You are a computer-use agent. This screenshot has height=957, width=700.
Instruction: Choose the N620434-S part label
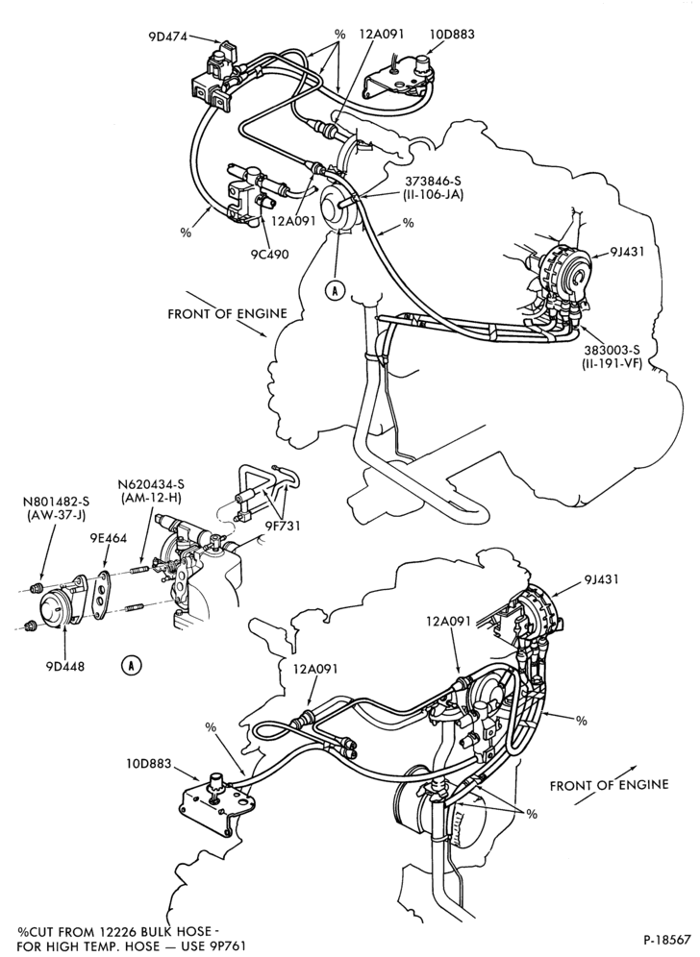(x=151, y=484)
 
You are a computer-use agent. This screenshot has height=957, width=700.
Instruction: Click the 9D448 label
(x=64, y=666)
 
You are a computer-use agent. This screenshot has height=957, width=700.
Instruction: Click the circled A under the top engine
(x=335, y=290)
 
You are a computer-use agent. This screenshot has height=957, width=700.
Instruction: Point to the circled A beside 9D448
(x=131, y=665)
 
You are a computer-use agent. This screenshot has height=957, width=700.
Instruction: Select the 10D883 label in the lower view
(x=149, y=764)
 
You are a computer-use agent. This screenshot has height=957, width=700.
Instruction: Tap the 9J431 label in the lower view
(x=601, y=578)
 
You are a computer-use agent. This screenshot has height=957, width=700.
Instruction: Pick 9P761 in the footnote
(x=227, y=946)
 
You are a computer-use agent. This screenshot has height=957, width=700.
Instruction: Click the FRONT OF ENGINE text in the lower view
(x=609, y=784)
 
